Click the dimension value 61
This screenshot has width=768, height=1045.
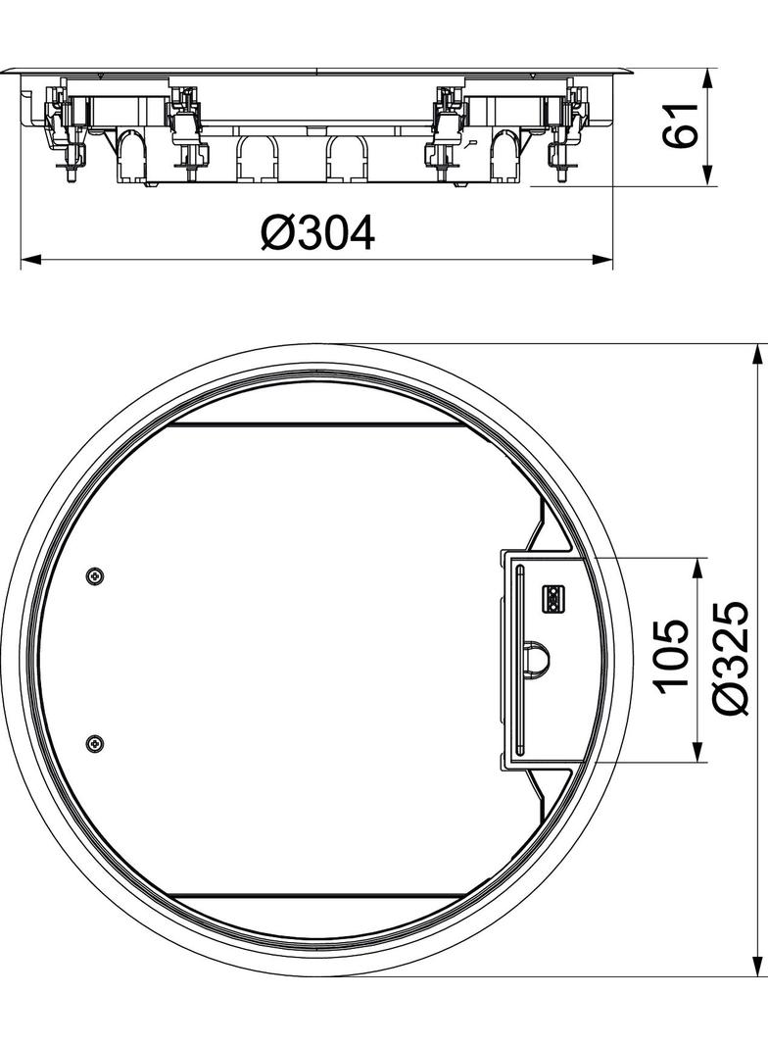pyautogui.click(x=683, y=125)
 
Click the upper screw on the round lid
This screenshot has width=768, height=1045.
pyautogui.click(x=94, y=576)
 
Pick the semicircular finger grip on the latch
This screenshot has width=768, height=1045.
pyautogui.click(x=535, y=659)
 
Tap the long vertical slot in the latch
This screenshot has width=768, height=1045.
pyautogui.click(x=519, y=659)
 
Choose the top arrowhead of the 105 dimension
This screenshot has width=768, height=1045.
pyautogui.click(x=697, y=566)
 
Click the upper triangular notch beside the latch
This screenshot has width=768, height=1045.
pyautogui.click(x=542, y=529)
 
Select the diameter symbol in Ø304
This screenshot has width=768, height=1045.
pyautogui.click(x=277, y=234)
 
